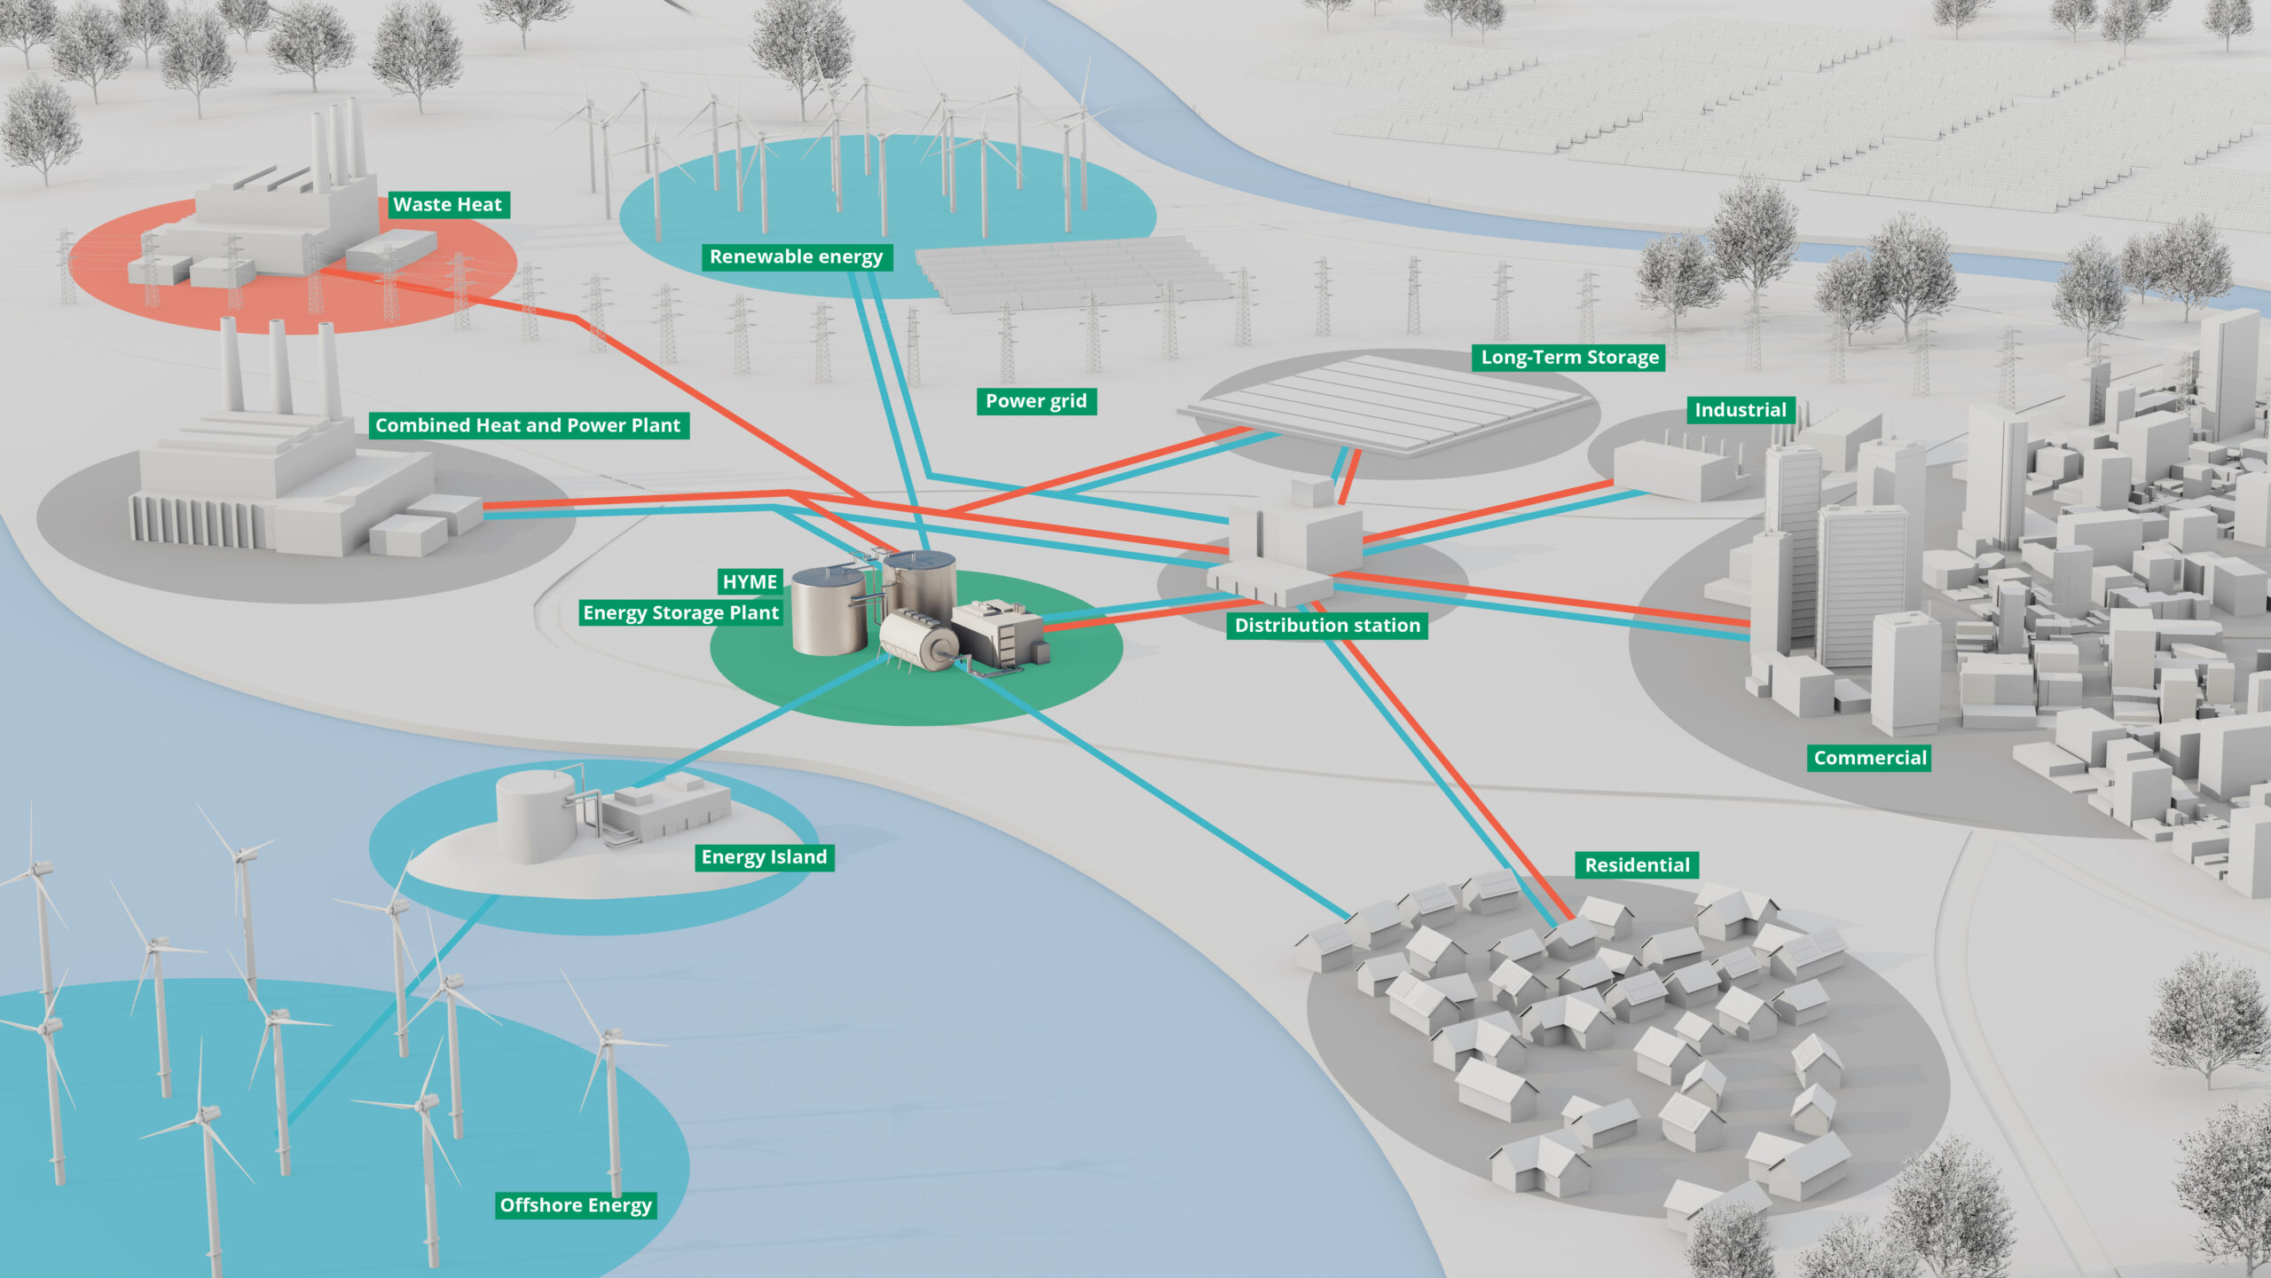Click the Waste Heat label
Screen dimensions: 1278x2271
448,205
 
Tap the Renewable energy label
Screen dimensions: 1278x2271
796,257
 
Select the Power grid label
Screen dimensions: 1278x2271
1035,401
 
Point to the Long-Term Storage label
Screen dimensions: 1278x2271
1569,358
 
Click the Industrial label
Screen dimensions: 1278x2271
1740,410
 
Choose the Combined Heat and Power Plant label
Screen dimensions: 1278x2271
528,425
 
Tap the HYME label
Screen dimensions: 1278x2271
750,582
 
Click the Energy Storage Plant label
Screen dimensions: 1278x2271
680,613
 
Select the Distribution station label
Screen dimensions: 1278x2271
1327,626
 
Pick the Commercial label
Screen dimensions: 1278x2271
1870,758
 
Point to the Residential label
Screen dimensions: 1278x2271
1637,865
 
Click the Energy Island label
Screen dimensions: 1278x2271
764,857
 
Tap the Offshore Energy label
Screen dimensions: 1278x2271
576,1205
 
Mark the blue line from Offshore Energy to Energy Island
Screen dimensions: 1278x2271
390,1012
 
